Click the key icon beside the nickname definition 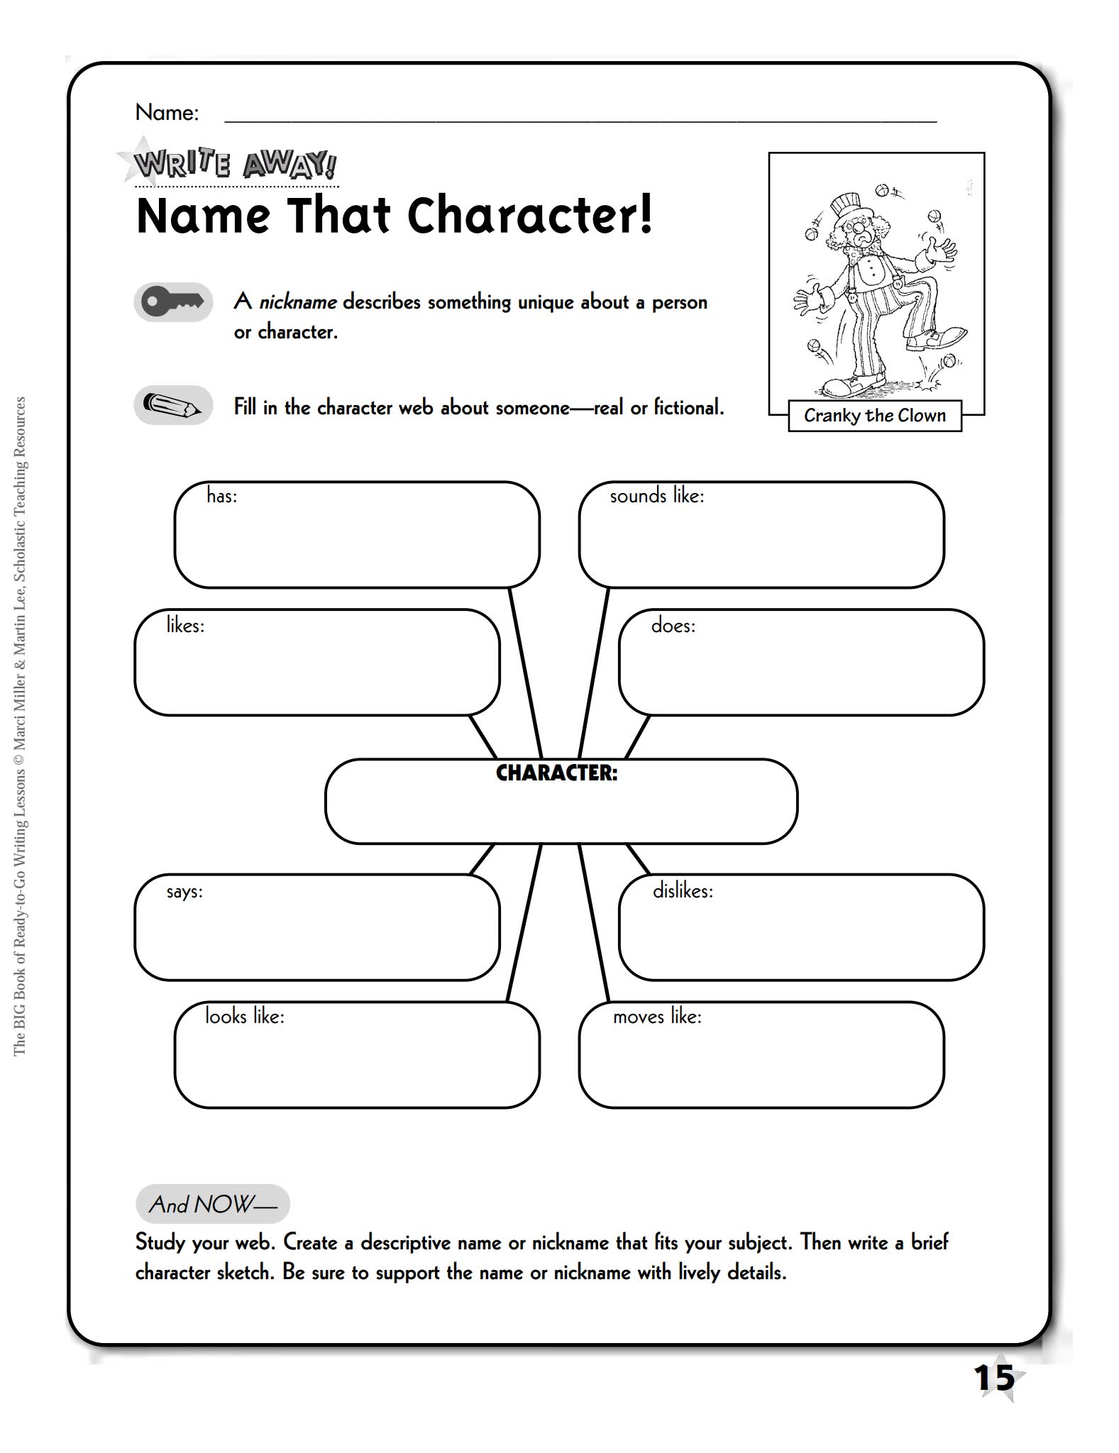click(172, 302)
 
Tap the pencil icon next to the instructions click(172, 406)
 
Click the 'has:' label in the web click(221, 496)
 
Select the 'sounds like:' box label click(656, 496)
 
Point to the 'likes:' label click(185, 625)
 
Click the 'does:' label click(673, 626)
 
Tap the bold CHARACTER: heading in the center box click(556, 773)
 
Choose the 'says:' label click(184, 892)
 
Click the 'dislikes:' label click(683, 891)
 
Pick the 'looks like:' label click(244, 1017)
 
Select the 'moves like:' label click(657, 1017)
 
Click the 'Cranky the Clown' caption click(874, 416)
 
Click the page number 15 click(995, 1378)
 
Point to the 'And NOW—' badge click(212, 1205)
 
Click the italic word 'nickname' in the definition click(297, 302)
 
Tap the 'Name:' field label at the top click(167, 112)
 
